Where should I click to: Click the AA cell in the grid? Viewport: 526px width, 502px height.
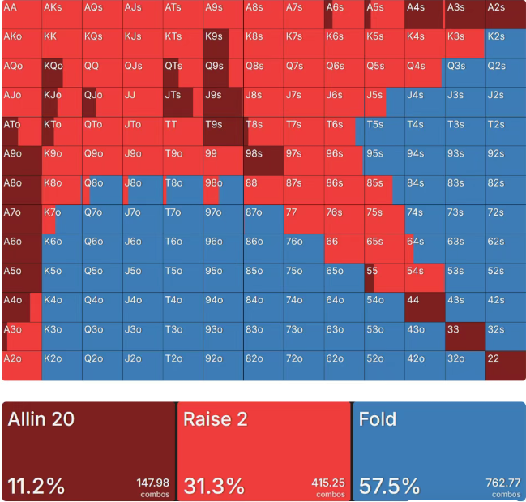pyautogui.click(x=21, y=15)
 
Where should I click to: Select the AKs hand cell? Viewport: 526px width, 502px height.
pyautogui.click(x=62, y=15)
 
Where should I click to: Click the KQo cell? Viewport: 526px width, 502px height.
pyautogui.click(x=62, y=73)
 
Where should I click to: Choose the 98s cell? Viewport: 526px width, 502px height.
pyautogui.click(x=263, y=161)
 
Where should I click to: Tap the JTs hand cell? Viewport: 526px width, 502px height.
pyautogui.click(x=182, y=102)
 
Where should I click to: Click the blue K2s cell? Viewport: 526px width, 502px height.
pyautogui.click(x=505, y=44)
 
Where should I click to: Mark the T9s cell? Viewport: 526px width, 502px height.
pyautogui.click(x=223, y=131)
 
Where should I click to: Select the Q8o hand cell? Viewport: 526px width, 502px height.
pyautogui.click(x=102, y=190)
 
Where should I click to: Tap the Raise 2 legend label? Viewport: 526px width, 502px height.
pyautogui.click(x=215, y=419)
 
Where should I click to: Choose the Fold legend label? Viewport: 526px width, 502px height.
pyautogui.click(x=378, y=419)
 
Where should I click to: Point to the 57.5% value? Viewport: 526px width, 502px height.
pyautogui.click(x=389, y=486)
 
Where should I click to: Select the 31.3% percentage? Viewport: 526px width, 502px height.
pyautogui.click(x=214, y=486)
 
